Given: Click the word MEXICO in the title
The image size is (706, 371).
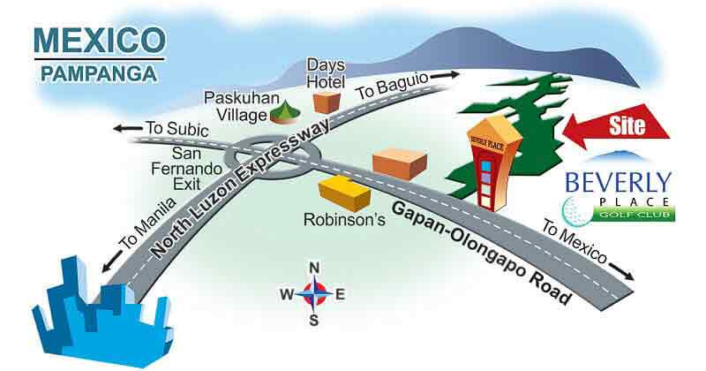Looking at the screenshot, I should coord(97,41).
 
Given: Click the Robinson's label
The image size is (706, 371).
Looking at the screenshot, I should coord(344,217).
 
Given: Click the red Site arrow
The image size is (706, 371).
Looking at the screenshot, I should coord(618,127).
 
